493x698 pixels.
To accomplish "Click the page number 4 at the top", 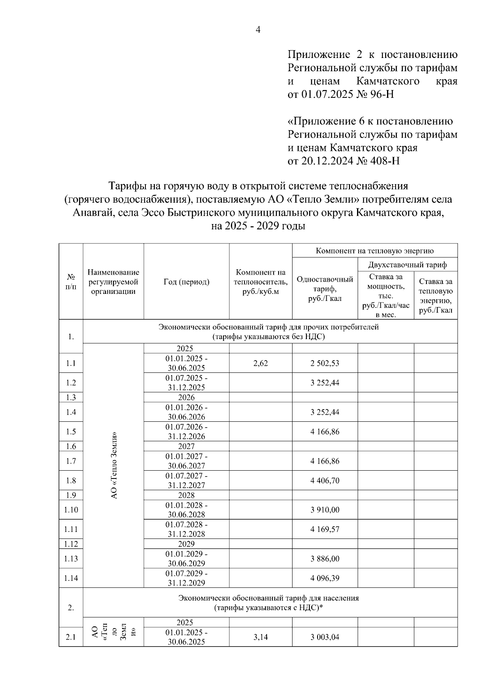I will [258, 30].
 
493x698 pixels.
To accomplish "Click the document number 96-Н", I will [382, 95].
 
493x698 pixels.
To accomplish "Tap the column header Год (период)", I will [186, 282].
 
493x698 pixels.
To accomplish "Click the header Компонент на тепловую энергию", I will [375, 251].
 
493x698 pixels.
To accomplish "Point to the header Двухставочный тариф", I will [407, 264].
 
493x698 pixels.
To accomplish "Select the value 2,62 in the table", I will [260, 363].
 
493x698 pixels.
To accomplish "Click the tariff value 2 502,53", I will [325, 363].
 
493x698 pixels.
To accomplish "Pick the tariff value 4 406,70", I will [325, 481].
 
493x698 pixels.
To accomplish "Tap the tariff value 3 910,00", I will [325, 510].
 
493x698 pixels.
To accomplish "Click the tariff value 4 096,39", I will [325, 578].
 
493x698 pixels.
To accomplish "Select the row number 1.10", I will [71, 510].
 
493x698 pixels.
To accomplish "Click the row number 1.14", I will [71, 578].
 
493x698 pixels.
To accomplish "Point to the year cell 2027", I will [186, 446].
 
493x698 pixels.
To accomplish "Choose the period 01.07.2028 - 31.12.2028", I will [186, 529].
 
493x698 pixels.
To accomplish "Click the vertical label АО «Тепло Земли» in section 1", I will [114, 465].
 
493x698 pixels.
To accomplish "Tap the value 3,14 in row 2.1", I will [260, 637].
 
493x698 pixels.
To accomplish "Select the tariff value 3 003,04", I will [325, 637].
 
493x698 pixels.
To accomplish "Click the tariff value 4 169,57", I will [325, 529].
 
